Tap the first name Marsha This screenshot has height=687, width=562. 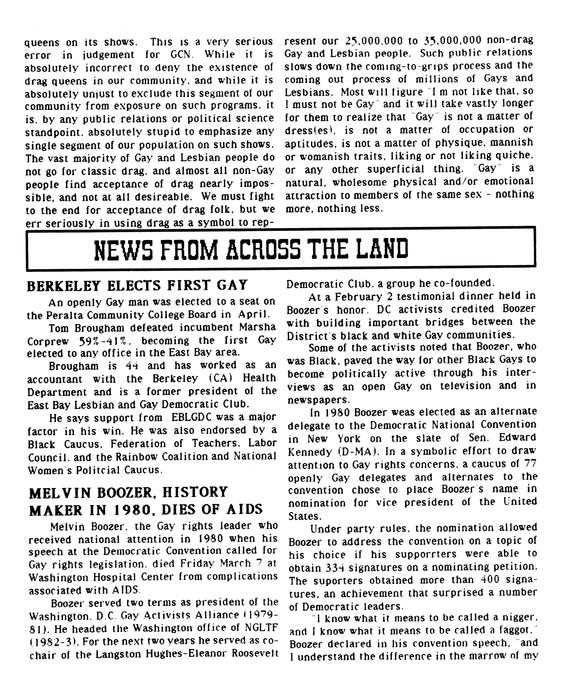(x=258, y=327)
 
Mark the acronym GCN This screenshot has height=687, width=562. (x=180, y=54)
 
